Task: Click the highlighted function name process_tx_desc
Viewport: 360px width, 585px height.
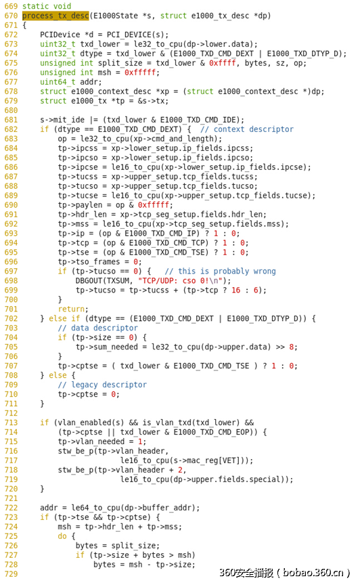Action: point(55,16)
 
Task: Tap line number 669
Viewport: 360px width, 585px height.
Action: point(11,6)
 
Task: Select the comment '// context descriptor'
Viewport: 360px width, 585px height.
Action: point(246,129)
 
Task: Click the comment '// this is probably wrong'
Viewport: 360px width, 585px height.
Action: point(220,271)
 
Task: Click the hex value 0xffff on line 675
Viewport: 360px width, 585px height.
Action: point(223,63)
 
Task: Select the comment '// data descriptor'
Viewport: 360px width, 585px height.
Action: point(97,328)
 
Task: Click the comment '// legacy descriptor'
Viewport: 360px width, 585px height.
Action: point(102,385)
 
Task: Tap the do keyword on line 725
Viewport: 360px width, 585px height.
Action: point(62,536)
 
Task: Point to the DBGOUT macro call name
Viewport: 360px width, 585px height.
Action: point(89,280)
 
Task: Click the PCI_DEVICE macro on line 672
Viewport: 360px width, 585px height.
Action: point(129,35)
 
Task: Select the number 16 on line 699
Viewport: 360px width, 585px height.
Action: point(235,290)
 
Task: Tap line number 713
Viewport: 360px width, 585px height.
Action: point(11,422)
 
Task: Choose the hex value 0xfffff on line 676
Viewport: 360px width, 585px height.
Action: point(140,72)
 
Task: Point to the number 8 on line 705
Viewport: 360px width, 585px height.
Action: point(292,347)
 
